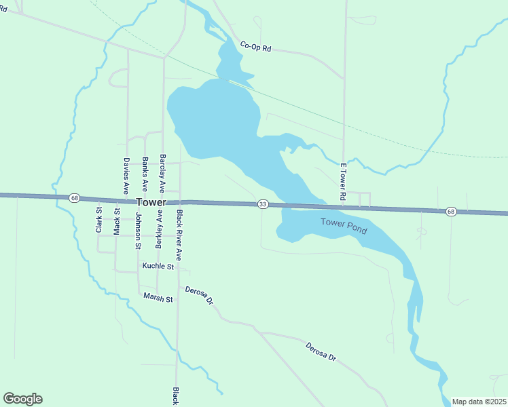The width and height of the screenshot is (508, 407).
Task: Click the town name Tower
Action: (x=151, y=202)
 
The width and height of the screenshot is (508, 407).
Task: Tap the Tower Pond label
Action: (x=344, y=226)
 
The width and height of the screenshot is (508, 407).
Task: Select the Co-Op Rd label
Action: (x=255, y=47)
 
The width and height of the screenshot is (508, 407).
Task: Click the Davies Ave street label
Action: (x=126, y=176)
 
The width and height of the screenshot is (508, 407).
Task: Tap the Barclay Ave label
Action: (x=162, y=172)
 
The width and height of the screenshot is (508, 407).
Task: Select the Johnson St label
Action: (x=138, y=231)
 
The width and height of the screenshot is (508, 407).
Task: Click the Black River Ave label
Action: (x=179, y=235)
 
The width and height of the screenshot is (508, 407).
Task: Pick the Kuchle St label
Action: (x=158, y=267)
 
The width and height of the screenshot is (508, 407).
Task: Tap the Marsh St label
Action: (x=158, y=298)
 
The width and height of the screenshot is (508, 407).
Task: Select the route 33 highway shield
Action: (x=263, y=204)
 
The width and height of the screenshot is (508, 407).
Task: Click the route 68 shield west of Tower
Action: (x=74, y=198)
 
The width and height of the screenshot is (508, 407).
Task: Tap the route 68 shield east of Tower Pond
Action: (x=451, y=212)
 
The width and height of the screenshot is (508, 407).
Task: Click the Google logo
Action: (x=22, y=399)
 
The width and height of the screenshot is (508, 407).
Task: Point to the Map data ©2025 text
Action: (x=478, y=402)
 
